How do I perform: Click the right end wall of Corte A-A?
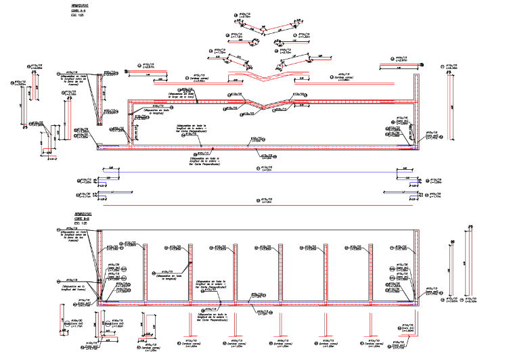click(x=414, y=108)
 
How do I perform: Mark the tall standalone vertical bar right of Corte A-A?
click(x=451, y=108)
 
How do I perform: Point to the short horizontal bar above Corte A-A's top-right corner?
click(x=399, y=66)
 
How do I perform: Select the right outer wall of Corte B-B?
click(x=421, y=267)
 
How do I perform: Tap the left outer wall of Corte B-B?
click(x=99, y=267)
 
